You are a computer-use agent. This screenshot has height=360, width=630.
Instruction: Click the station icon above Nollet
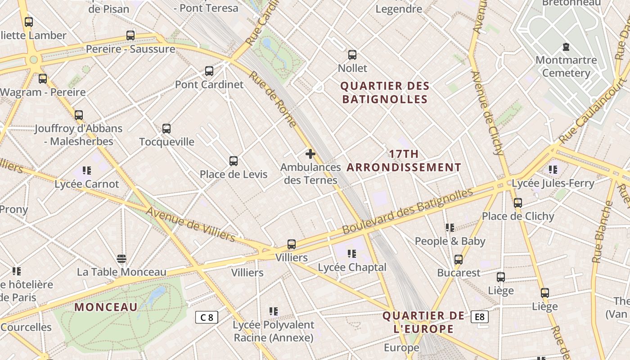352,55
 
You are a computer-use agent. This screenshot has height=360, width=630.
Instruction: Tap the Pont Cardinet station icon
209,71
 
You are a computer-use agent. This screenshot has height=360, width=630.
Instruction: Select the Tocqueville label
166,142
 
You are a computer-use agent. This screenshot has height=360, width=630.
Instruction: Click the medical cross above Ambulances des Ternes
310,154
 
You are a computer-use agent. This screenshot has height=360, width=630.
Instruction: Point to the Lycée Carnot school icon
87,171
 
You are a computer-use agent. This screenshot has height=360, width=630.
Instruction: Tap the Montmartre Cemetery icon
566,47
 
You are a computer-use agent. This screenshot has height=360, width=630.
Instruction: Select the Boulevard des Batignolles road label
407,211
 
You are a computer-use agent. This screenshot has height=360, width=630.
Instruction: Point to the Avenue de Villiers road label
190,224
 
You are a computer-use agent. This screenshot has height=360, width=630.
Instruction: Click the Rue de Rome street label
273,99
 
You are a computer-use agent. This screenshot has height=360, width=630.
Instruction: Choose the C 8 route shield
207,317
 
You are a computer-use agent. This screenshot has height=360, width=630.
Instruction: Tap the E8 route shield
480,317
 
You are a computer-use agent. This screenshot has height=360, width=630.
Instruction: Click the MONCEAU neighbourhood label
106,307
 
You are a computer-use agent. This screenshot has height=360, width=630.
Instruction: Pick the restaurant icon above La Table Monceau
121,259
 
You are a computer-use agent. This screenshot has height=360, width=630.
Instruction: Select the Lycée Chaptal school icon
352,254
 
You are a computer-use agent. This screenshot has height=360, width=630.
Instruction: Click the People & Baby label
450,241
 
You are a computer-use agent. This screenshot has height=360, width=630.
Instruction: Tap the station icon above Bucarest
459,260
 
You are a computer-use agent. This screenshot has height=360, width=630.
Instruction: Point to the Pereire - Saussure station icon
130,35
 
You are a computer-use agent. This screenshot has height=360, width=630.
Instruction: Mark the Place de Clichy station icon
518,203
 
